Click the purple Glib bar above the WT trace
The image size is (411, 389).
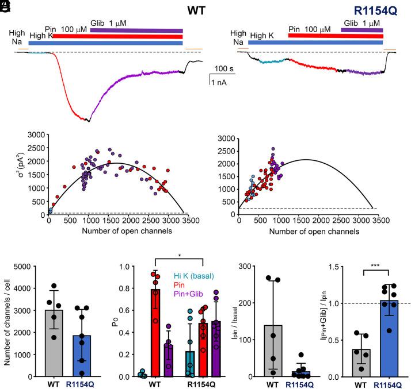pos(136,30)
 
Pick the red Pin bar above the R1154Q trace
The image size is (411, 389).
pos(336,36)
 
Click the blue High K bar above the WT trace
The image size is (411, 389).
pos(105,43)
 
